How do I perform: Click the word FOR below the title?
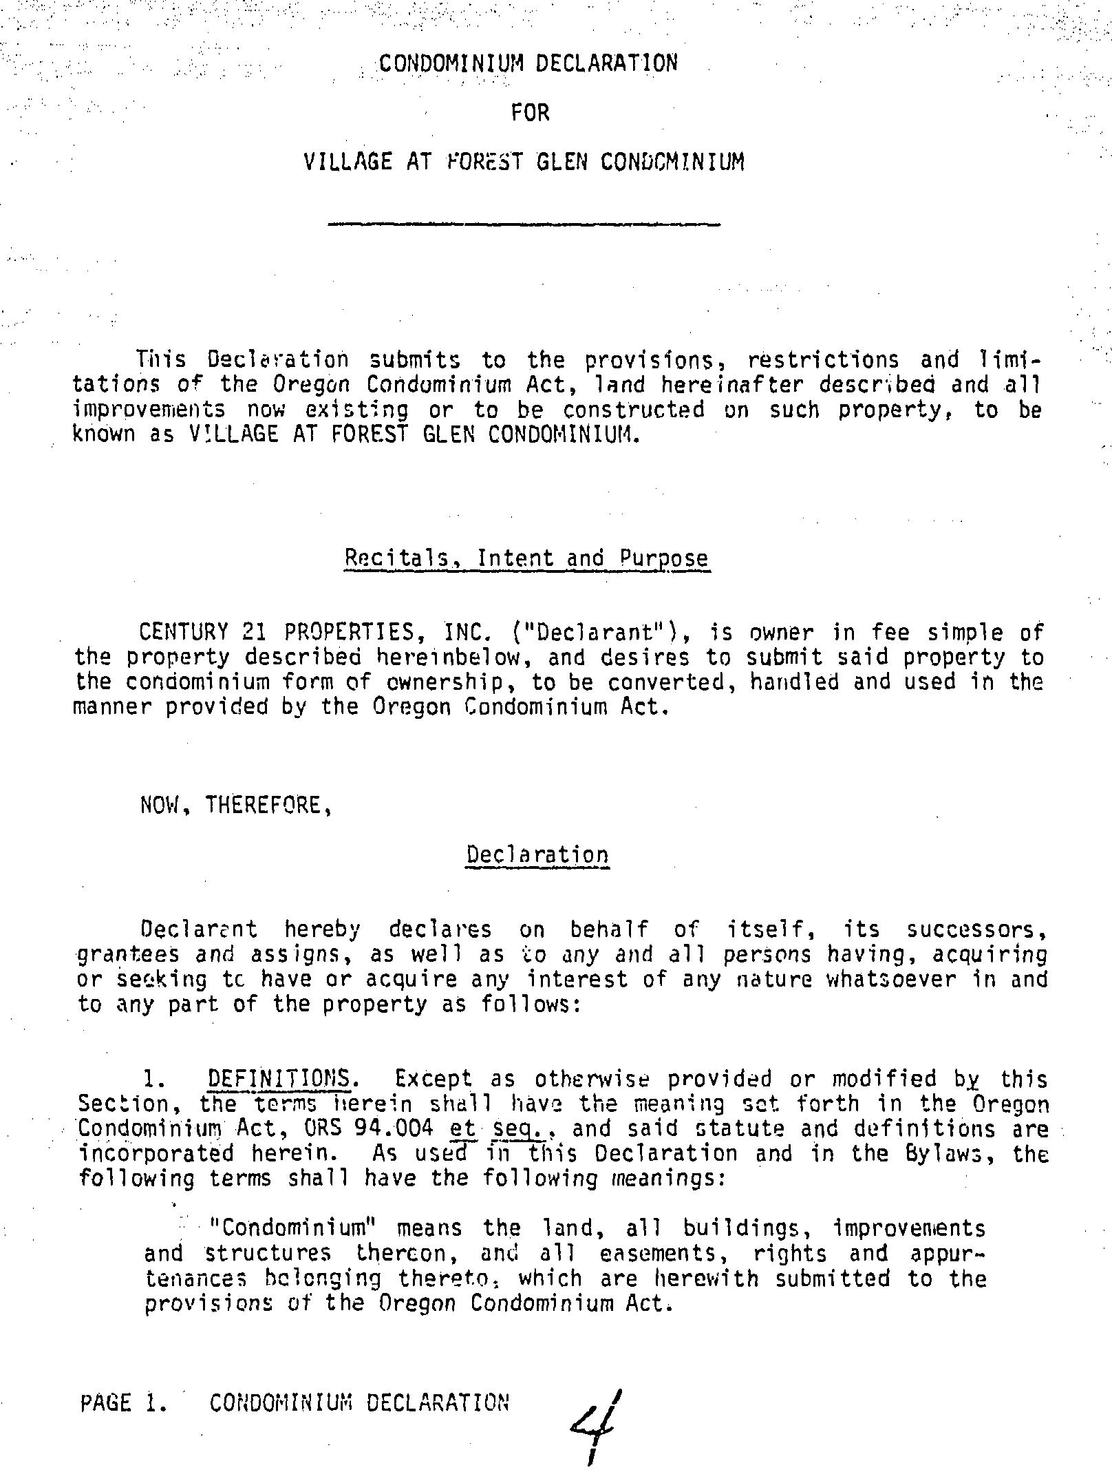tap(530, 112)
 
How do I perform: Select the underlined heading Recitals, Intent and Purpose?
tap(526, 558)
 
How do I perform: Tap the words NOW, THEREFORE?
tap(237, 805)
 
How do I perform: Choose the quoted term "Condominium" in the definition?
tap(288, 1228)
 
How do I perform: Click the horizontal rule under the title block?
tap(524, 224)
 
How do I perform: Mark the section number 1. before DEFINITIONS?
tap(153, 1079)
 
